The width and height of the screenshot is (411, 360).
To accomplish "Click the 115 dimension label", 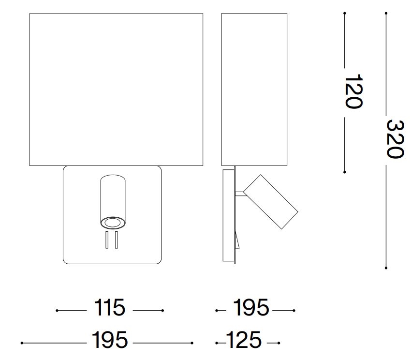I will [x=110, y=308].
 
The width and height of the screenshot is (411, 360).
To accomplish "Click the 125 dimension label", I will [x=244, y=340].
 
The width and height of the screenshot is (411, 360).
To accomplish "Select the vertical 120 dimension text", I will [x=352, y=91].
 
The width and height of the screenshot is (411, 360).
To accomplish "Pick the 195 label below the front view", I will [x=110, y=340].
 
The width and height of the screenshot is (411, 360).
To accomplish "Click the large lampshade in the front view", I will [x=116, y=90].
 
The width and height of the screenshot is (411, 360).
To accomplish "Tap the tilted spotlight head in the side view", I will [x=271, y=201].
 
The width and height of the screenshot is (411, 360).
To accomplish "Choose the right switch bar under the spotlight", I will [x=117, y=240].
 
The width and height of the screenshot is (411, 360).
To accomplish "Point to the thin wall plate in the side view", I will [x=229, y=215].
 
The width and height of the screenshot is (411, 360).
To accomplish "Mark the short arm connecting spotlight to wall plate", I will [x=240, y=194].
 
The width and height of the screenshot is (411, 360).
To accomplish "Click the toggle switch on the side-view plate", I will [x=237, y=240].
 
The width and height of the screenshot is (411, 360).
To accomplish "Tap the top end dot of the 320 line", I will [x=386, y=13].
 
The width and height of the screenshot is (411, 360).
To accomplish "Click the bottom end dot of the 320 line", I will [x=386, y=268].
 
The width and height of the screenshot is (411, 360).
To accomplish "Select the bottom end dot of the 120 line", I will [x=345, y=171].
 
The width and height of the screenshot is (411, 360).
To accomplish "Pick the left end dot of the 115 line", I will [x=57, y=311].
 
